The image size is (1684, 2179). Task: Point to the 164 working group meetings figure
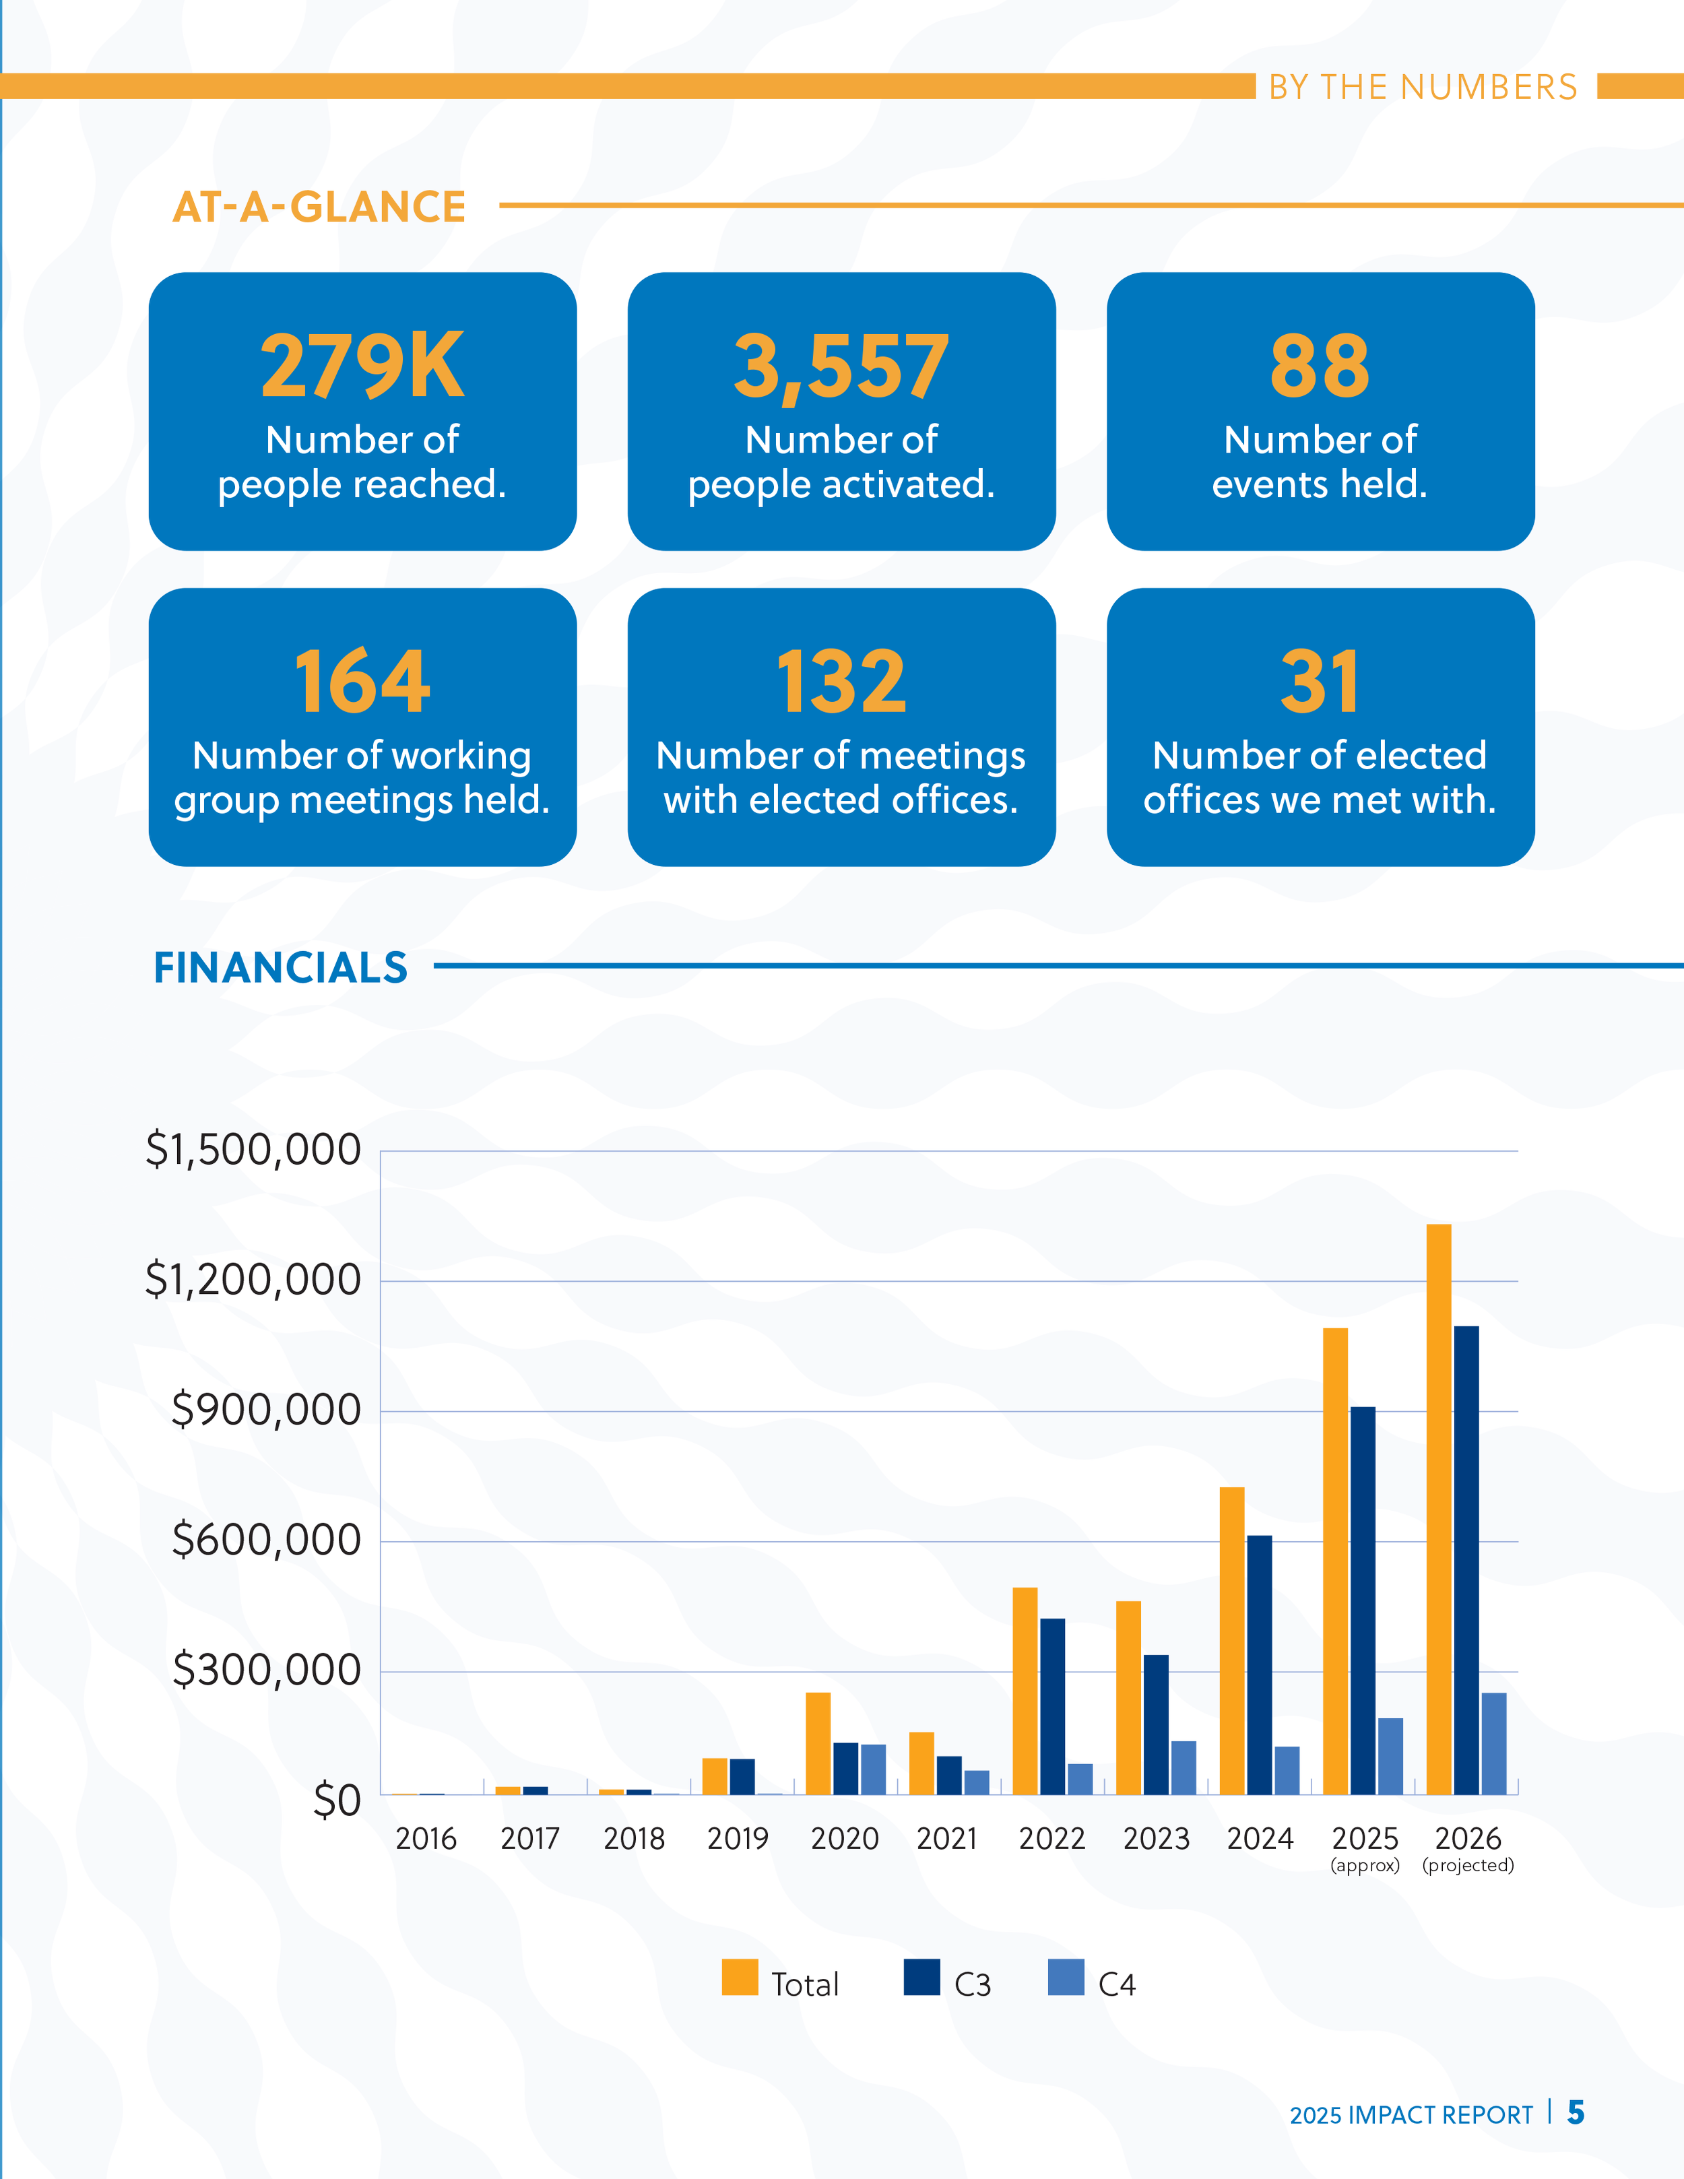pyautogui.click(x=362, y=682)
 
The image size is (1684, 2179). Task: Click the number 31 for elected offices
pyautogui.click(x=1319, y=682)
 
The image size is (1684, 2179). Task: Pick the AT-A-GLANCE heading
pyautogui.click(x=319, y=207)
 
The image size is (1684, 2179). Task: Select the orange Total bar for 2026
pyautogui.click(x=1439, y=1507)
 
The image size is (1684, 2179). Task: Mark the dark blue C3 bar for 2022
pyautogui.click(x=1052, y=1706)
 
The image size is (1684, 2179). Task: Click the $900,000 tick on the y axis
pyautogui.click(x=265, y=1410)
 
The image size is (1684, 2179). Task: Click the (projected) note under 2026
pyautogui.click(x=1468, y=1864)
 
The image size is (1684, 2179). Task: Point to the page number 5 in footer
pyautogui.click(x=1576, y=2112)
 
